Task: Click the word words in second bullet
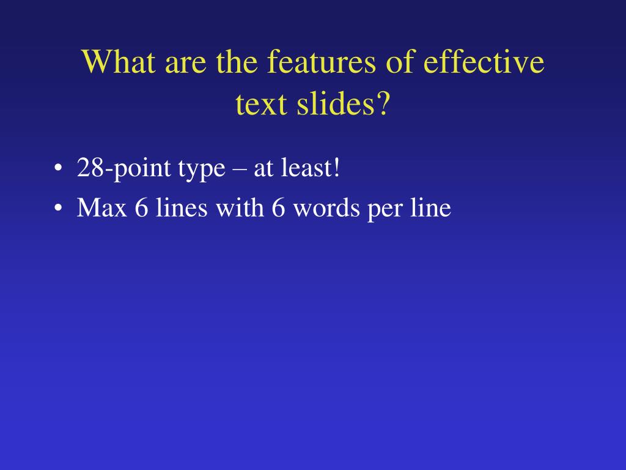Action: pyautogui.click(x=326, y=209)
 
